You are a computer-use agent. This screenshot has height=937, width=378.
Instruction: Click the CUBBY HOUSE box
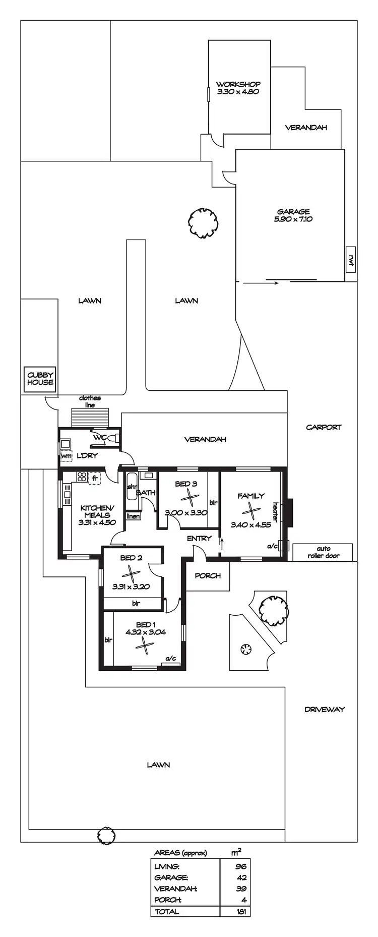(40, 379)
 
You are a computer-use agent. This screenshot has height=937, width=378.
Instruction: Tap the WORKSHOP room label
(238, 84)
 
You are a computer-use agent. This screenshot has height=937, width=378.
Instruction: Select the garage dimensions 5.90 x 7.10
(293, 219)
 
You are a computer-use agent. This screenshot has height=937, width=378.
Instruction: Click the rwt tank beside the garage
(351, 259)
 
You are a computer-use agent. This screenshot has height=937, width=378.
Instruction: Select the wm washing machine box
(66, 456)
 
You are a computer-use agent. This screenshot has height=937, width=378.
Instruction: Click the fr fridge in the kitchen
(94, 478)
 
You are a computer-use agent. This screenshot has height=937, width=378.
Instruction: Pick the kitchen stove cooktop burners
(82, 477)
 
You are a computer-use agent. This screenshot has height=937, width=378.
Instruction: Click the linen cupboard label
(133, 516)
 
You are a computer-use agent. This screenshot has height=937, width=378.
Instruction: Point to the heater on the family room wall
(289, 511)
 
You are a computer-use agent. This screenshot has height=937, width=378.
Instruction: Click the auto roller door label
(323, 552)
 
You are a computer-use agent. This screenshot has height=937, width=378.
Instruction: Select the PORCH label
(208, 575)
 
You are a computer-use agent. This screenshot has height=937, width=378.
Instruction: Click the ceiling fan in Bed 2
(131, 573)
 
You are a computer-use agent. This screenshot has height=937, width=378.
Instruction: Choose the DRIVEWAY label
(325, 709)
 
